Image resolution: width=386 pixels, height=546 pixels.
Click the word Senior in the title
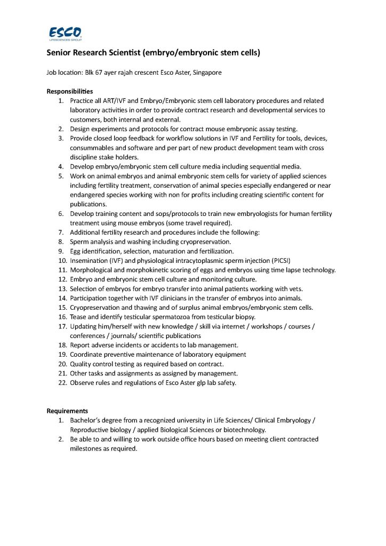[x=61, y=53]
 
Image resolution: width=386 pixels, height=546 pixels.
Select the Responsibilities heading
[x=69, y=91]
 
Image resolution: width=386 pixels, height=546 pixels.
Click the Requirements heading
[x=67, y=411]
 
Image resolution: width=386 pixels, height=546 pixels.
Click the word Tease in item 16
[x=78, y=317]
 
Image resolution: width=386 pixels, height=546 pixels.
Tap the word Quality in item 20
[x=81, y=364]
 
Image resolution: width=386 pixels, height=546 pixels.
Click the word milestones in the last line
[x=85, y=448]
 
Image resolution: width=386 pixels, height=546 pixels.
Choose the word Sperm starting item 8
[x=79, y=242]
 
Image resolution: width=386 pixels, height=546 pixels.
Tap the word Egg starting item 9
[x=76, y=251]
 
